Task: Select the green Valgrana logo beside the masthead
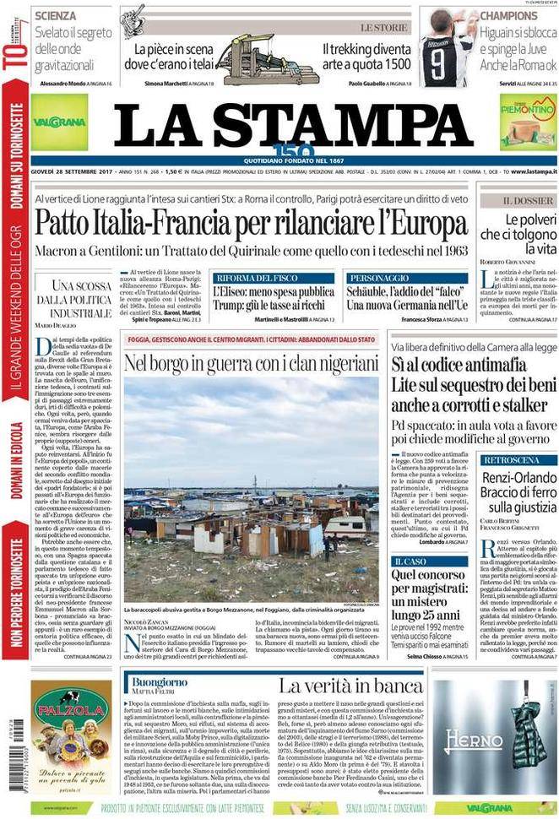(59, 123)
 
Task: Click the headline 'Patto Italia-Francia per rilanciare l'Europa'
(252, 222)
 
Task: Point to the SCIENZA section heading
(56, 15)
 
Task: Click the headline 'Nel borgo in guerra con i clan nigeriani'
(252, 362)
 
